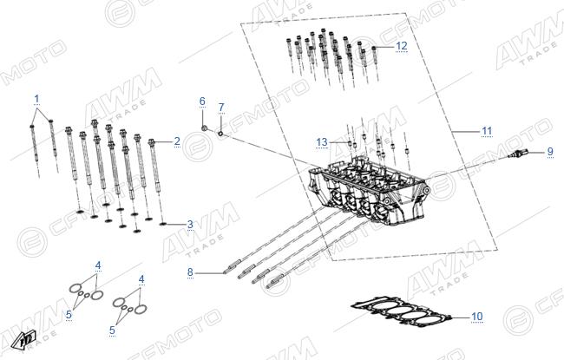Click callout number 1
[36, 99]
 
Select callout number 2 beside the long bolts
[177, 141]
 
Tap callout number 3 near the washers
[190, 225]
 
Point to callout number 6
[202, 101]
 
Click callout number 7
[221, 108]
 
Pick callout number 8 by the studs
[190, 272]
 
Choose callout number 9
[550, 152]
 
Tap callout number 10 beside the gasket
[477, 317]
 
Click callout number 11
[487, 131]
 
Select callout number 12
[402, 46]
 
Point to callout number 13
[322, 142]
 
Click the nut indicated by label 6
[204, 128]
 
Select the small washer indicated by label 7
[221, 134]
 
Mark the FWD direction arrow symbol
[23, 339]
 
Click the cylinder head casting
[368, 191]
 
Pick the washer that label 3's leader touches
[163, 224]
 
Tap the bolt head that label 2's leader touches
[152, 141]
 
